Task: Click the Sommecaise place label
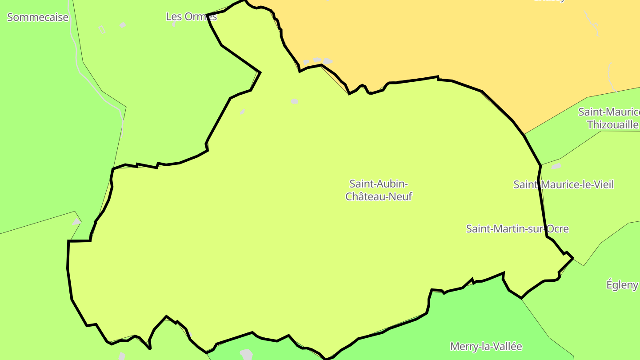(38, 17)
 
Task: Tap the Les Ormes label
(191, 16)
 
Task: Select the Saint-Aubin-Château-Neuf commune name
(379, 190)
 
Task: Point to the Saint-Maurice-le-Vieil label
(563, 184)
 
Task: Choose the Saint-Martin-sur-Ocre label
(517, 228)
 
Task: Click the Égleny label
(622, 284)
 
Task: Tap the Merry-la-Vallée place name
(486, 346)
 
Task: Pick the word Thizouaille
(612, 124)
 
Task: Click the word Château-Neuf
(379, 196)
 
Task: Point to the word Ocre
(557, 228)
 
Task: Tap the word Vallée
(507, 346)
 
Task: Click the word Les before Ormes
(173, 16)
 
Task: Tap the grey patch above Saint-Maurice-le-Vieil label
(556, 166)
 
